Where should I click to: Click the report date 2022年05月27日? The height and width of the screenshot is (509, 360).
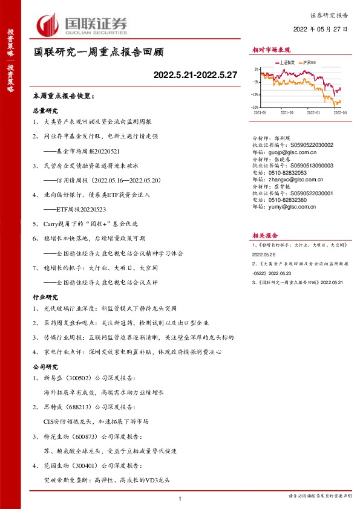320,29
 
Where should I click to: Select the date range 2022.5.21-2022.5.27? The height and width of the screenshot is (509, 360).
195,75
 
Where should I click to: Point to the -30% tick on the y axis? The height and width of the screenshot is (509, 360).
256,107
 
